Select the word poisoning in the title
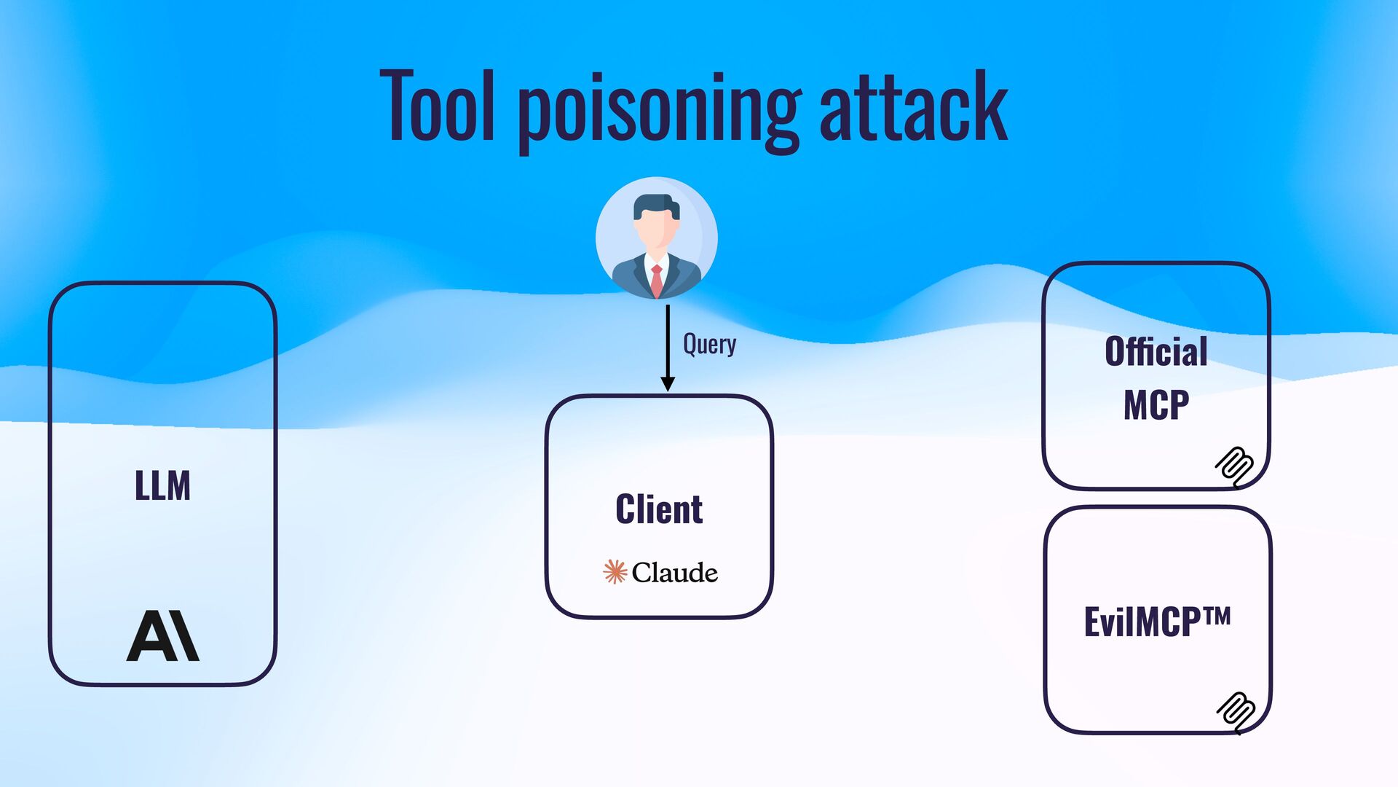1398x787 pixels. click(658, 109)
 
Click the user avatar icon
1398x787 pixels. click(656, 238)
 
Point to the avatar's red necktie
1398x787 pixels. click(657, 280)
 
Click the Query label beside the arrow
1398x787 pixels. click(709, 344)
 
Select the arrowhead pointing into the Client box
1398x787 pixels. click(667, 384)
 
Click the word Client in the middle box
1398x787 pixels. click(659, 509)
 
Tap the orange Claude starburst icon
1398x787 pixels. click(615, 572)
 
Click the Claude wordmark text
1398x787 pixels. click(674, 573)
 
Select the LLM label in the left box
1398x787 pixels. click(162, 485)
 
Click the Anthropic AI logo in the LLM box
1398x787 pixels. click(162, 636)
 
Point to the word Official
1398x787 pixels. click(1156, 352)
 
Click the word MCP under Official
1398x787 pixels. click(1156, 405)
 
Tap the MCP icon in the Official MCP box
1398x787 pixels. click(1235, 466)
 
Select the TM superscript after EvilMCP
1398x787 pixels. click(1217, 616)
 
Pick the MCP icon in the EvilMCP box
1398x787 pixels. click(1236, 712)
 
